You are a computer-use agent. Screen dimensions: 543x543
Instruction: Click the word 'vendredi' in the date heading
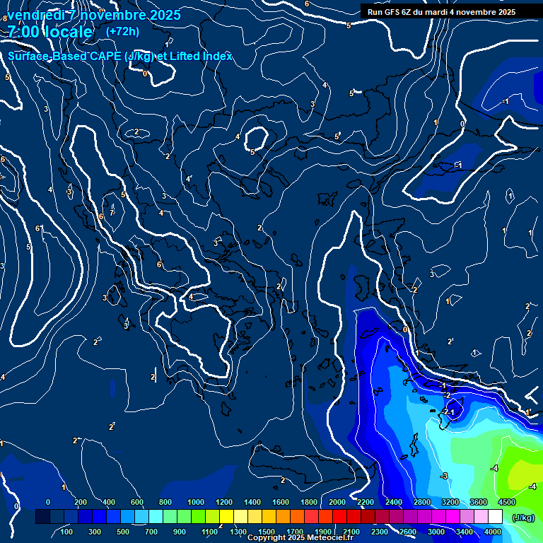38,14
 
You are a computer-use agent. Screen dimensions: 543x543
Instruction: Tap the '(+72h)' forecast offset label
122,32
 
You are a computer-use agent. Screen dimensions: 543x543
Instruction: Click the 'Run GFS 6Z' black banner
441,12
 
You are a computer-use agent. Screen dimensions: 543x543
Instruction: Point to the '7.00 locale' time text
49,32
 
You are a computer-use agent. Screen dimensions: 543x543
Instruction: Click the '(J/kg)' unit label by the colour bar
522,518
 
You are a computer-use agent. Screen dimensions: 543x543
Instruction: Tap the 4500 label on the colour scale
506,502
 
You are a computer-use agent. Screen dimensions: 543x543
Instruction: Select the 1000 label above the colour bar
196,502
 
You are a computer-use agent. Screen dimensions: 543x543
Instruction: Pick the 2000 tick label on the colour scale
337,502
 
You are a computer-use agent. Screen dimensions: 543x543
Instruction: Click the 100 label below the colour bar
67,532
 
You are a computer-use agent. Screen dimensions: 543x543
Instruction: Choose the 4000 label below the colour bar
493,532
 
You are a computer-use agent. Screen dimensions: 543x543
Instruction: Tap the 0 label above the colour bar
48,502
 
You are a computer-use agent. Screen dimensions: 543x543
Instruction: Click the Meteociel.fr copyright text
300,538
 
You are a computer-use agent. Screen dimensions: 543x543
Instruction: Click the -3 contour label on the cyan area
444,476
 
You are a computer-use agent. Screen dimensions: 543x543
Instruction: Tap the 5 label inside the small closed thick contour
252,152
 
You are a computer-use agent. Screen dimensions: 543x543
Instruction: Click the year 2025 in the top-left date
164,14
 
